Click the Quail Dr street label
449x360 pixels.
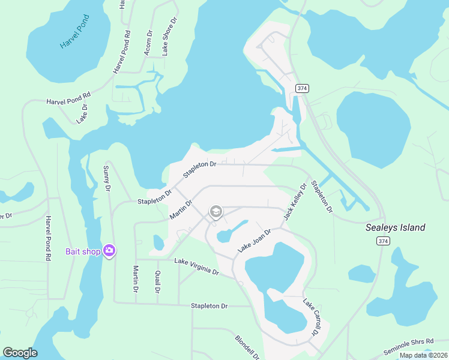coord(157,281)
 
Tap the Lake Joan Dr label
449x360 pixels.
coord(255,240)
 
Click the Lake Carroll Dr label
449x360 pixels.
coord(310,317)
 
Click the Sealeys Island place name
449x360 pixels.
coord(396,227)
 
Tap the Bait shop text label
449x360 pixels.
coord(83,251)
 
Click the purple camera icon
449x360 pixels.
coord(109,251)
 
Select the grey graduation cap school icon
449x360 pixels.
coord(215,212)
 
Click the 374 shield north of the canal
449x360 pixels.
coord(302,88)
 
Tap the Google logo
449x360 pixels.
coord(20,353)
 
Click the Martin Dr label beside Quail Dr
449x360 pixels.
coord(136,280)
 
